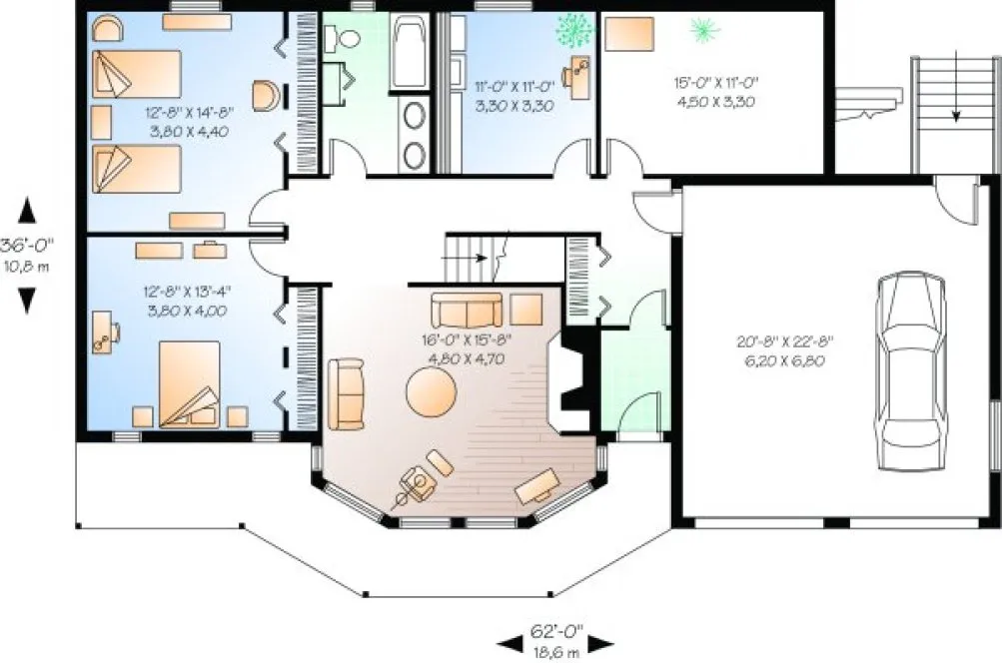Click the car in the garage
[910, 370]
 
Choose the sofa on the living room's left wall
[348, 393]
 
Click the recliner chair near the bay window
[420, 484]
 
